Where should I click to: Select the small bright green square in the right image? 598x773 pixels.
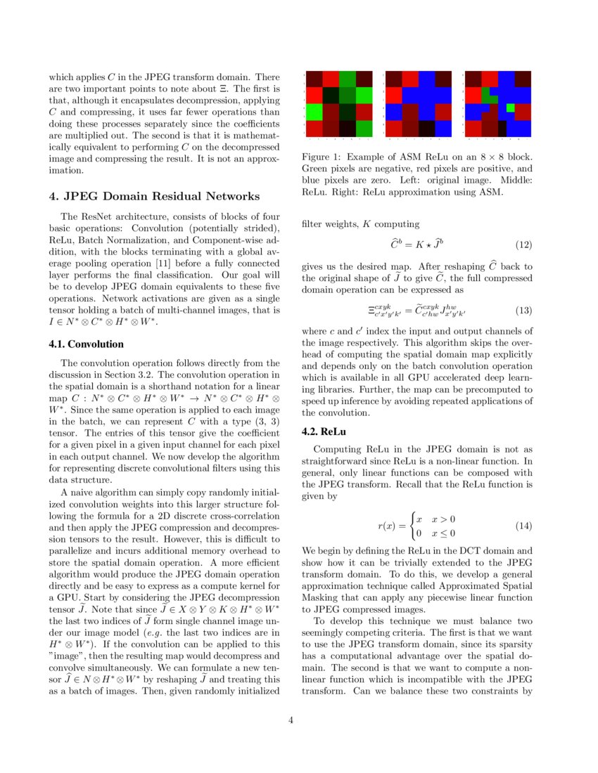click(510, 108)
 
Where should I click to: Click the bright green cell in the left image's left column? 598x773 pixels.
click(314, 111)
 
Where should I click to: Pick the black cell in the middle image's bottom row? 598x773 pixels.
click(426, 129)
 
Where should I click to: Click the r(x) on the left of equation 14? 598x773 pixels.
click(387, 526)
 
